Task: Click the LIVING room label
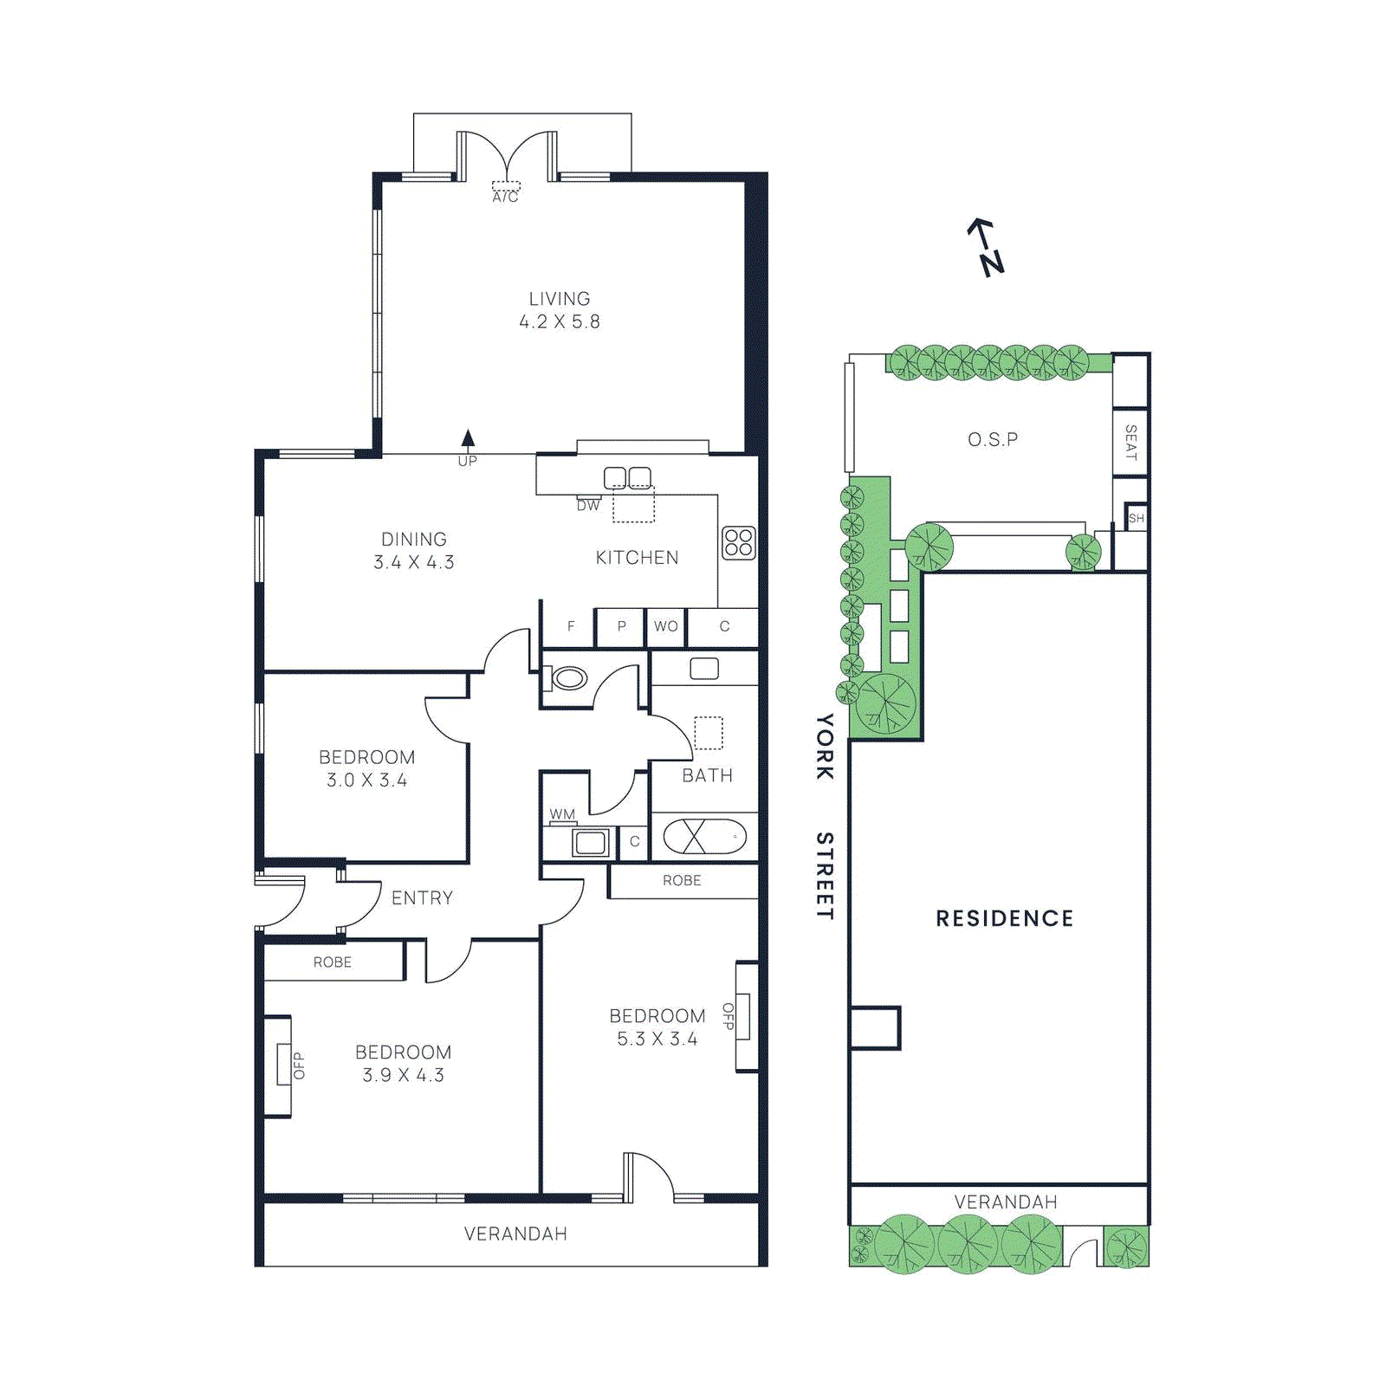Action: pyautogui.click(x=560, y=299)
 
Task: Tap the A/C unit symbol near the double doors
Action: pyautogui.click(x=506, y=187)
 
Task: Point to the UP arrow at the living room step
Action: pyautogui.click(x=468, y=439)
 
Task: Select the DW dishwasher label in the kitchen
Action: pyautogui.click(x=588, y=505)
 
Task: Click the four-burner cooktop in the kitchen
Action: pyautogui.click(x=739, y=543)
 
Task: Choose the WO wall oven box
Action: pyautogui.click(x=666, y=626)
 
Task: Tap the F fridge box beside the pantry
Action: pyautogui.click(x=570, y=626)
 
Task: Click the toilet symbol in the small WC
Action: pyautogui.click(x=568, y=677)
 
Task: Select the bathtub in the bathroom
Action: pyautogui.click(x=704, y=837)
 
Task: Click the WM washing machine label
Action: pyautogui.click(x=562, y=814)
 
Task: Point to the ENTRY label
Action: pyautogui.click(x=422, y=898)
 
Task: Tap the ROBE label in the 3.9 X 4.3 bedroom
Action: pyautogui.click(x=333, y=962)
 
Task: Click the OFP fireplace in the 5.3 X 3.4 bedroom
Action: pyautogui.click(x=744, y=1016)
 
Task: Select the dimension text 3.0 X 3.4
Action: pyautogui.click(x=366, y=780)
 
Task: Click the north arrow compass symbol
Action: pyautogui.click(x=987, y=247)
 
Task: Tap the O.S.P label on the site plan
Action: pyautogui.click(x=993, y=440)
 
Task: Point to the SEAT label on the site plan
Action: pyautogui.click(x=1130, y=442)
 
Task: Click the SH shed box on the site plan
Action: pyautogui.click(x=1137, y=518)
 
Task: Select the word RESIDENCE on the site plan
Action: pyautogui.click(x=1004, y=918)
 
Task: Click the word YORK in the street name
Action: pyautogui.click(x=825, y=746)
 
